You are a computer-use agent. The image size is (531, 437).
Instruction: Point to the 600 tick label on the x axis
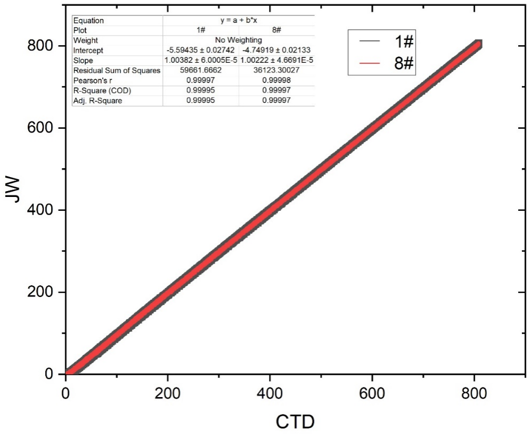(x=371, y=394)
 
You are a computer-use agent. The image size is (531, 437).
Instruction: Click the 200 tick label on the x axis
(x=167, y=394)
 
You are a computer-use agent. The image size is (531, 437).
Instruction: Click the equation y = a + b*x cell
(x=239, y=20)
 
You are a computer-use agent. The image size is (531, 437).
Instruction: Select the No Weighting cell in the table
(x=239, y=40)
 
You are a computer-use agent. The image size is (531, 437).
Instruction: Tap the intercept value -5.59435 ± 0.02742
(x=201, y=50)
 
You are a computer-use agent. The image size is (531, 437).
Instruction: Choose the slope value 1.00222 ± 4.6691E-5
(x=277, y=60)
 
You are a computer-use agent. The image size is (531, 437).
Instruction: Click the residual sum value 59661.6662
(x=201, y=70)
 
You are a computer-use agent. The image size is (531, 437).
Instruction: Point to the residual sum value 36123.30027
(x=277, y=70)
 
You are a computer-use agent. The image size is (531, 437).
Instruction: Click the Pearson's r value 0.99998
(x=277, y=80)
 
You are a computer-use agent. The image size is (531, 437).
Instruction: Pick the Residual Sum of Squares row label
(x=117, y=70)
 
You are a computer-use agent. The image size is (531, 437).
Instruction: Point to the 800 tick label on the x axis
(x=473, y=394)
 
